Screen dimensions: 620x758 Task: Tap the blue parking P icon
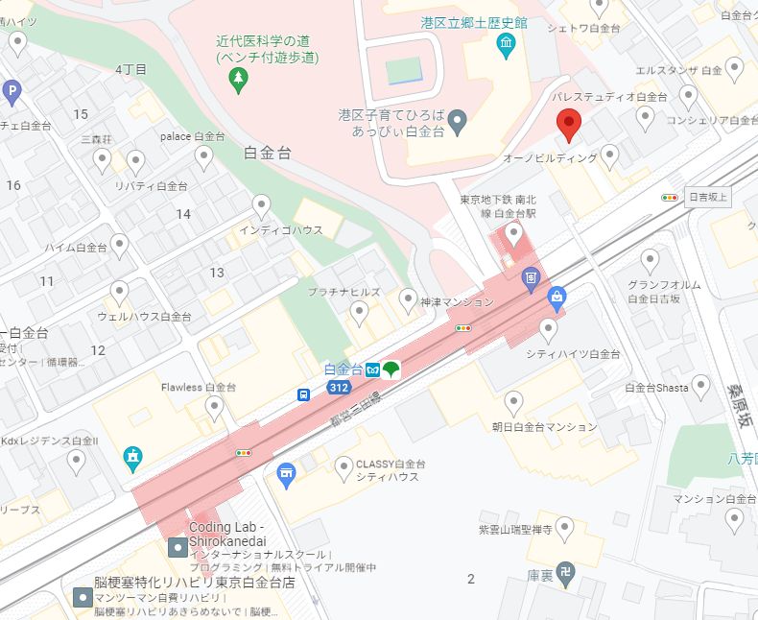(12, 93)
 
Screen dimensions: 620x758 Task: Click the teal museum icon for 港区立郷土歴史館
(505, 44)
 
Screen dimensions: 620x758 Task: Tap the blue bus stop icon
(303, 394)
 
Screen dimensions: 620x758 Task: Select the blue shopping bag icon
(557, 297)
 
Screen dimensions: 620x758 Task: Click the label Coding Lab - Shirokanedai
(226, 535)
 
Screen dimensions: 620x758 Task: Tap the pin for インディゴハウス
(261, 205)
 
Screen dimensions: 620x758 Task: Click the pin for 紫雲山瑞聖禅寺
(565, 527)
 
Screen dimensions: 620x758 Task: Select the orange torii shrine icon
(285, 473)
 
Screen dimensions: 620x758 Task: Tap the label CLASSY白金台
(391, 464)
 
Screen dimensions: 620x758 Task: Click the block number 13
(217, 273)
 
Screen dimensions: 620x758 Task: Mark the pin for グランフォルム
(651, 260)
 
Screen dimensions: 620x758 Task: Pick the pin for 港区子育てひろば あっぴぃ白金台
(458, 122)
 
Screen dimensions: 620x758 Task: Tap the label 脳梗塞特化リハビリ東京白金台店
(194, 583)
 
